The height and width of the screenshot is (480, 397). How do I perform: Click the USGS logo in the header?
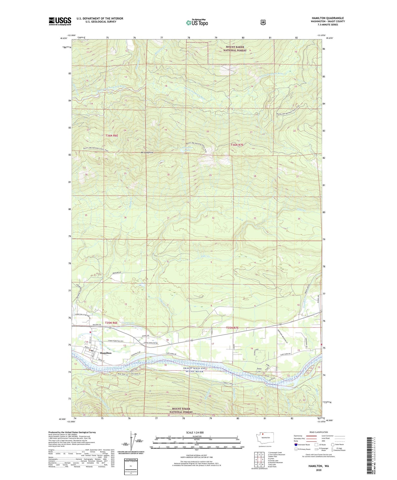[x=60, y=21]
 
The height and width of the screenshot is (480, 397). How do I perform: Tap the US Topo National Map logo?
[x=197, y=23]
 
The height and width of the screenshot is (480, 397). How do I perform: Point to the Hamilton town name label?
[x=105, y=353]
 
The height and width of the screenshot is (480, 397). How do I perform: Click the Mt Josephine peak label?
[x=147, y=152]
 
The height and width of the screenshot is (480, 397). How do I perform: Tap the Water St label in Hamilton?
[x=98, y=359]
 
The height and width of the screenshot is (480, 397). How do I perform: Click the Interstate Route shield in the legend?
[x=296, y=445]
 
